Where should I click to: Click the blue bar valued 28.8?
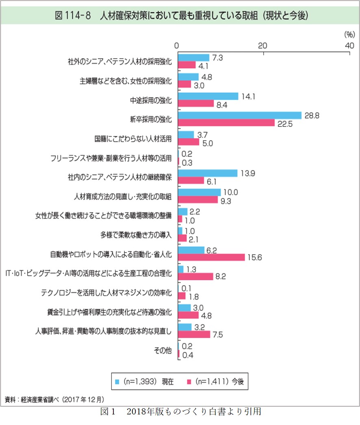240,116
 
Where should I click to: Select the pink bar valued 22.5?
226,123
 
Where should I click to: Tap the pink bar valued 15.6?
211,257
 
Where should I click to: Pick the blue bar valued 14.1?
208,96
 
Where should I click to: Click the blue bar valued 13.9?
208,173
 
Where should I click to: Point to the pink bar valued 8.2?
195,276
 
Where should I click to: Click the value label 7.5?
218,335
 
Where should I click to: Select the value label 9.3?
226,200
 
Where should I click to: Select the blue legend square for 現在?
117,381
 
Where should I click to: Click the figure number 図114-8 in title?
71,16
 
